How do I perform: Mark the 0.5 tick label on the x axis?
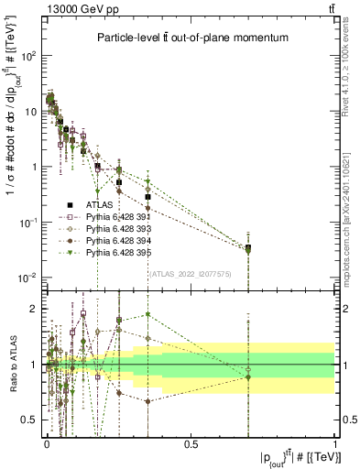(x=191, y=443)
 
